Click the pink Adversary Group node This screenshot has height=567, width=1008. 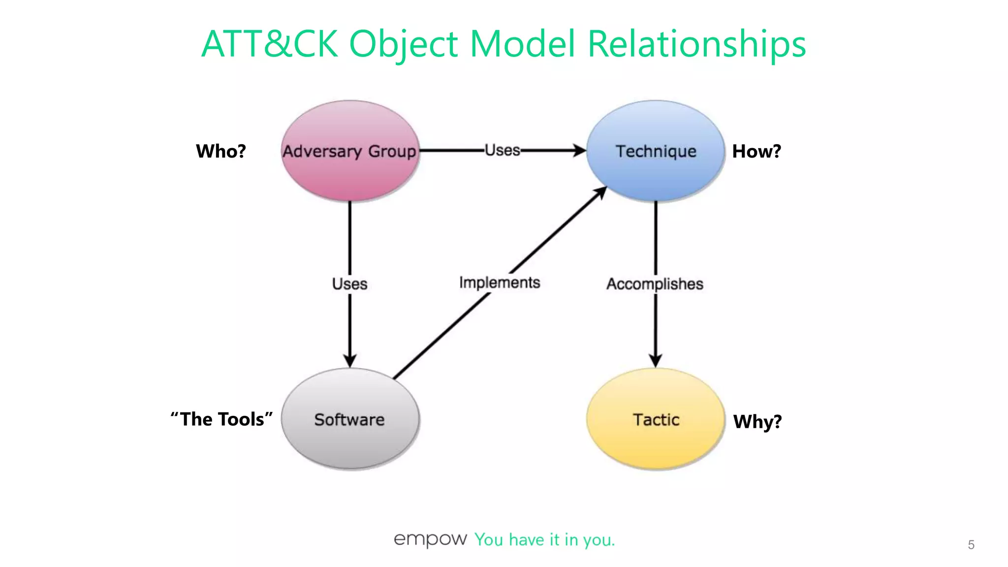click(350, 151)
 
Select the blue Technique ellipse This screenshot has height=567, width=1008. click(656, 151)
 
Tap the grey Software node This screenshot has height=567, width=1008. click(350, 419)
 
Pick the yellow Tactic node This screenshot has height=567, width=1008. click(656, 419)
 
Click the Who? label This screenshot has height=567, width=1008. click(220, 151)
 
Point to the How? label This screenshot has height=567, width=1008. click(756, 151)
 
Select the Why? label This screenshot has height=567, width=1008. click(757, 422)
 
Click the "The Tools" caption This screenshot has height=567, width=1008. click(221, 419)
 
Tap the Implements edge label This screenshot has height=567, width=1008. click(500, 283)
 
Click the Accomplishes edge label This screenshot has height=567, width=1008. click(655, 284)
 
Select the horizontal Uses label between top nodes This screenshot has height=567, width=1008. click(503, 150)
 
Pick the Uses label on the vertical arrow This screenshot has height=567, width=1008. click(349, 284)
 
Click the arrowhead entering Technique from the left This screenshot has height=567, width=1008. click(579, 150)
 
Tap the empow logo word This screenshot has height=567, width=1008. click(430, 539)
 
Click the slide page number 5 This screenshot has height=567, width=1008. click(971, 545)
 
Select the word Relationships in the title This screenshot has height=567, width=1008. click(696, 44)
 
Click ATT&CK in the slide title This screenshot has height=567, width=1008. click(270, 44)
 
